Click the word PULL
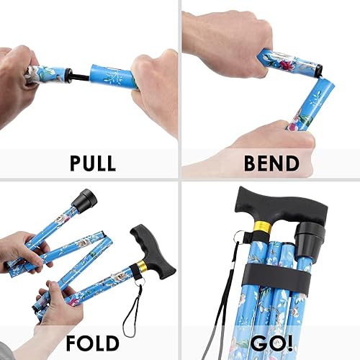[92, 163]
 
